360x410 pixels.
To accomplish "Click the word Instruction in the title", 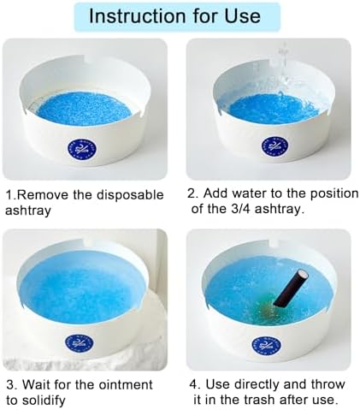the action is (138, 16).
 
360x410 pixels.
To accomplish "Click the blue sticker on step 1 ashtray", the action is (82, 149).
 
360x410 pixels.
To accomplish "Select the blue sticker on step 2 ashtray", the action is (274, 145).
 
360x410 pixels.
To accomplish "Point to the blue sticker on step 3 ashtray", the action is (80, 343).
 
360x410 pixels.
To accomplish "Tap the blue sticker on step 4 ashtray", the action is (267, 346).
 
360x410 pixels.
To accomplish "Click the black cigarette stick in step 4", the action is (291, 288).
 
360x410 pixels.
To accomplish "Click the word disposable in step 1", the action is (130, 196).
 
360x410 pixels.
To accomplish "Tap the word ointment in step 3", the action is (126, 385).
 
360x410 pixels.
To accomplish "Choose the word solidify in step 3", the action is (36, 401).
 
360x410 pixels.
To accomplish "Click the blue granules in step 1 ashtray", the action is (85, 109).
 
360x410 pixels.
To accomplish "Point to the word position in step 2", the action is (334, 194).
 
